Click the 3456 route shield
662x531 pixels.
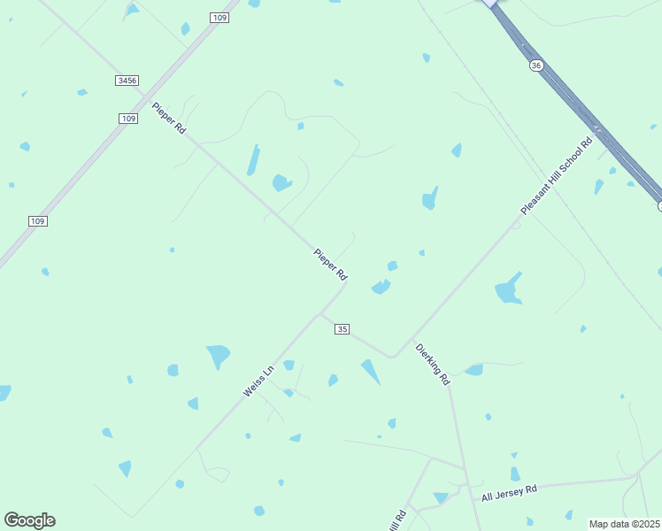pyautogui.click(x=127, y=81)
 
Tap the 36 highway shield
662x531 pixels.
pyautogui.click(x=536, y=65)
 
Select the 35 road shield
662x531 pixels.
pyautogui.click(x=343, y=329)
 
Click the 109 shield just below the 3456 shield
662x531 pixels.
pyautogui.click(x=128, y=118)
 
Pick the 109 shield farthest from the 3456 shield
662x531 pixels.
pyautogui.click(x=36, y=221)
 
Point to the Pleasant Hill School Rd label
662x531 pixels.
pyautogui.click(x=557, y=176)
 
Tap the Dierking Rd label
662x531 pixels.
pyautogui.click(x=433, y=364)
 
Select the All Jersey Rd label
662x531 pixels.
pyautogui.click(x=509, y=493)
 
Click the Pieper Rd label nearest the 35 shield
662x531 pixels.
pyautogui.click(x=330, y=265)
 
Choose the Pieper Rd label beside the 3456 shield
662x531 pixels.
pyautogui.click(x=168, y=118)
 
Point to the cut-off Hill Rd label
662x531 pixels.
pyautogui.click(x=397, y=520)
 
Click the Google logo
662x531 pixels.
pyautogui.click(x=29, y=520)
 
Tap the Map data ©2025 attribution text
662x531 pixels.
pyautogui.click(x=624, y=524)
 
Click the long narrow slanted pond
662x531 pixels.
pyautogui.click(x=254, y=159)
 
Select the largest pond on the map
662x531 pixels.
pyautogui.click(x=508, y=289)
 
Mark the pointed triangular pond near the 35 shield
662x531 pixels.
pyautogui.click(x=370, y=371)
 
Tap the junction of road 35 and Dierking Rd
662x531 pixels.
pyautogui.click(x=392, y=356)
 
